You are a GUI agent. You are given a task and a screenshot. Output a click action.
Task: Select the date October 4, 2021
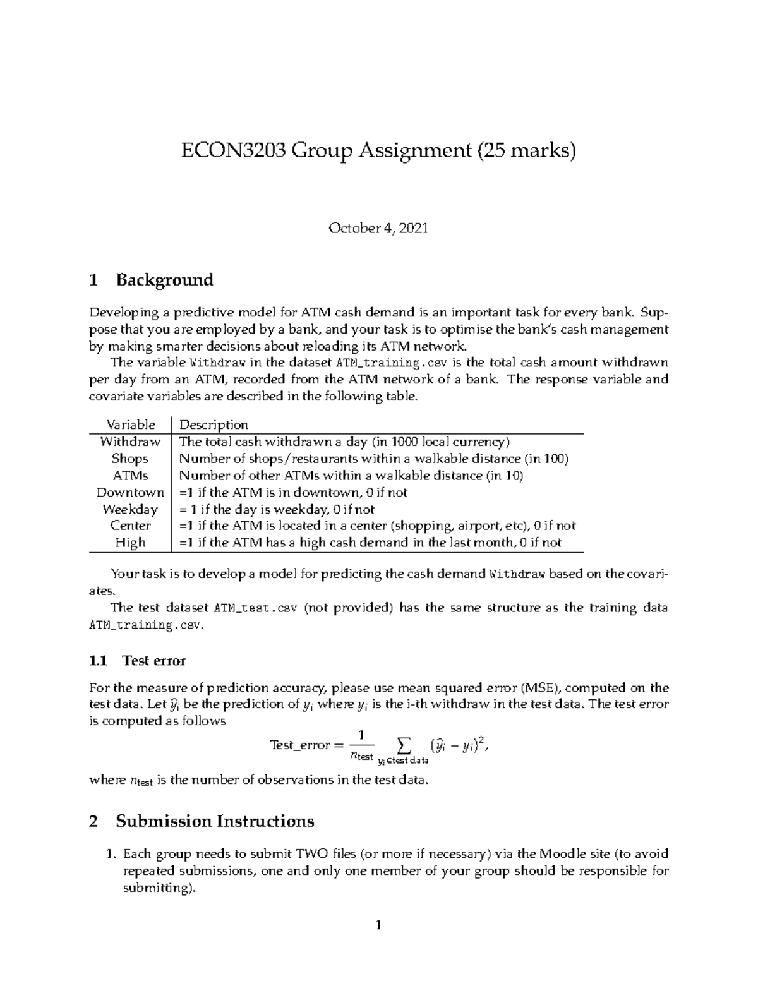click(x=378, y=229)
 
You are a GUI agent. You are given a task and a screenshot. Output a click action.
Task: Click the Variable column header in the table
click(x=131, y=424)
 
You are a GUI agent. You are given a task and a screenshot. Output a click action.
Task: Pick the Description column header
click(x=214, y=424)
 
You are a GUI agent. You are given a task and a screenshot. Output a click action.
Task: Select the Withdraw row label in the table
click(x=131, y=442)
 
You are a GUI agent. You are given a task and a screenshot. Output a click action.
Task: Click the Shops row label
click(x=130, y=459)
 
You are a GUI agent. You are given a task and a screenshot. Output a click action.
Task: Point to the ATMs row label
click(x=130, y=476)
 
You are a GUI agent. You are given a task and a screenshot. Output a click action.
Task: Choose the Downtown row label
click(x=130, y=492)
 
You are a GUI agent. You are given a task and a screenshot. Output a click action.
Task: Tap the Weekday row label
click(x=130, y=509)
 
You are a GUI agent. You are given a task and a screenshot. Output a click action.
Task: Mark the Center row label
click(x=130, y=526)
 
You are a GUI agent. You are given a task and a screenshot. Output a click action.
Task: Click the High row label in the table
click(x=130, y=543)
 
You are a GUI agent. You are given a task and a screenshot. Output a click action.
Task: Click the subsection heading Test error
click(x=153, y=661)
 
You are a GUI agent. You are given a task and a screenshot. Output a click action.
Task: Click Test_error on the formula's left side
click(x=299, y=745)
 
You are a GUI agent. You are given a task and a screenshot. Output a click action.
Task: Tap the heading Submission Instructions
click(x=215, y=821)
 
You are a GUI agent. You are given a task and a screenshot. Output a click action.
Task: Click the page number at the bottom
click(x=378, y=926)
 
